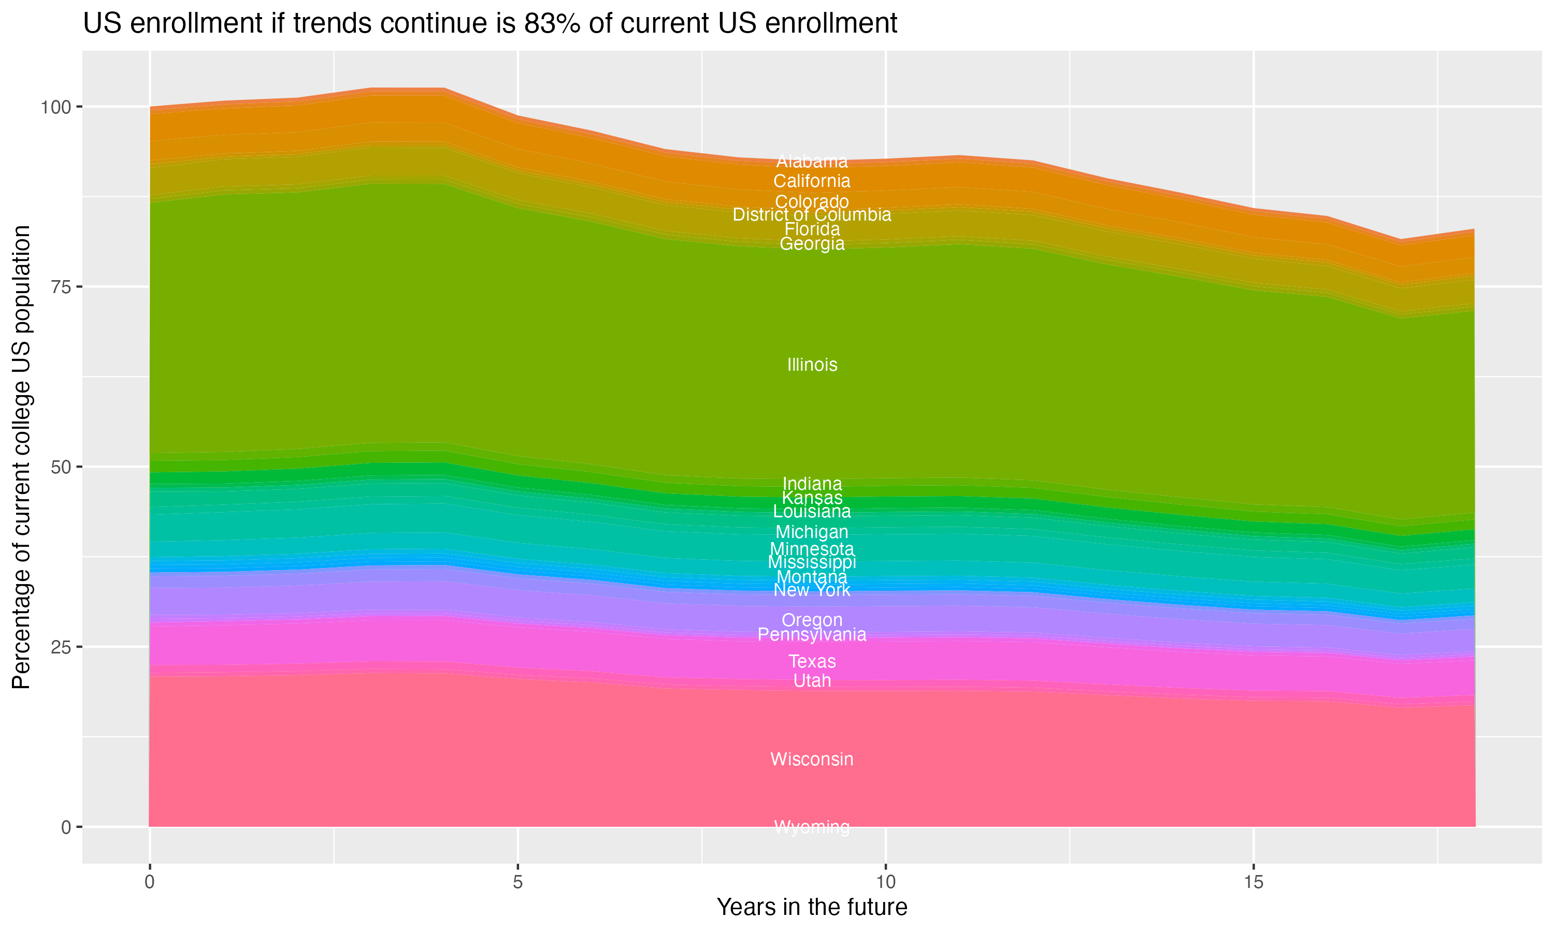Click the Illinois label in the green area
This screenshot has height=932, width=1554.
812,365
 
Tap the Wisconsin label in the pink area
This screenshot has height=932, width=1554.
812,759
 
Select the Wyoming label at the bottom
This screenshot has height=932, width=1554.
812,827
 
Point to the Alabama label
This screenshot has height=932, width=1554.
812,162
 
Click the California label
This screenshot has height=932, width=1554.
812,182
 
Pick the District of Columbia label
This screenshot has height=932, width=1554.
812,215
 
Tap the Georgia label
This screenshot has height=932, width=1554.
812,244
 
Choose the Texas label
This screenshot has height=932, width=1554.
812,661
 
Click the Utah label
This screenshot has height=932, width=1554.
812,681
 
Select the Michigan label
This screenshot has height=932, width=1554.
812,532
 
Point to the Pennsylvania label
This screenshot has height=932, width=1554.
812,635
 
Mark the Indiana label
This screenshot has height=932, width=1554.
812,484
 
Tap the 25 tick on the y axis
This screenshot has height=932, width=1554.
61,648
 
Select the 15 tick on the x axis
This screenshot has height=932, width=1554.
1253,882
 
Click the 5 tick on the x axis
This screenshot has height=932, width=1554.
517,882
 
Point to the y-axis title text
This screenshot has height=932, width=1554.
21,457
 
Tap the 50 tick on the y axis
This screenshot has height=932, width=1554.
61,467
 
